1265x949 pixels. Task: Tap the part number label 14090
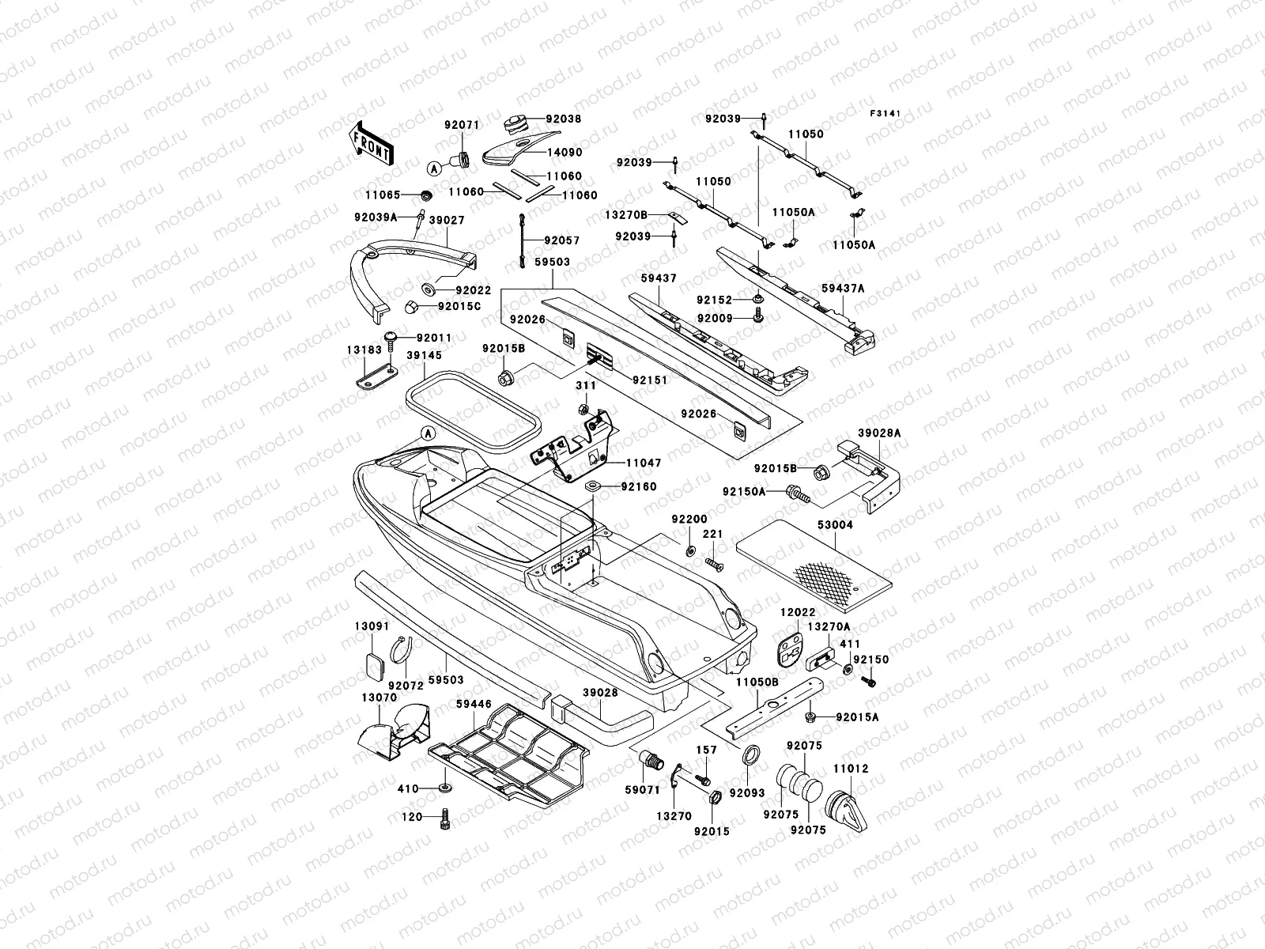(565, 153)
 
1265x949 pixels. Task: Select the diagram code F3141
(886, 114)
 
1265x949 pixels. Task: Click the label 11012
(850, 746)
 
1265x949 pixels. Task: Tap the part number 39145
(425, 356)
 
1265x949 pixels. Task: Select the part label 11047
(644, 463)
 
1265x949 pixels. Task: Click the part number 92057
(563, 240)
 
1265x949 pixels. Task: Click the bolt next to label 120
(445, 819)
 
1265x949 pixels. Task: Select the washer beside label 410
(445, 788)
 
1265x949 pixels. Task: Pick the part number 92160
(639, 487)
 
